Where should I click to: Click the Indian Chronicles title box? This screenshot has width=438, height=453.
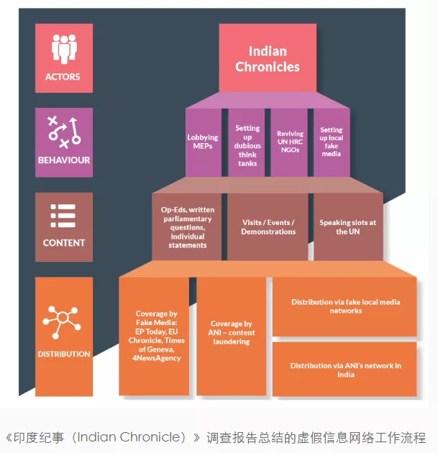[x=268, y=59]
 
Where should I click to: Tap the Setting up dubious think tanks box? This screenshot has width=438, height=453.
[x=247, y=145]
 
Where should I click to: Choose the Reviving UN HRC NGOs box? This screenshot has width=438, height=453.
[x=290, y=141]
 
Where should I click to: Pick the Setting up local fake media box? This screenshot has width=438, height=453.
[x=331, y=142]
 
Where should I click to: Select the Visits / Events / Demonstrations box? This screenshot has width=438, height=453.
[x=268, y=227]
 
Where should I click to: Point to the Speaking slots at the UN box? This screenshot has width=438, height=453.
[x=347, y=227]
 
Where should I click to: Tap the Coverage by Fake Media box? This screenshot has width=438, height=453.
[x=158, y=336]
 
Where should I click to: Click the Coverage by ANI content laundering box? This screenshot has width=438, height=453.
[x=231, y=333]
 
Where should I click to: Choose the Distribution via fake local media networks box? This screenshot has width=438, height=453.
[x=345, y=306]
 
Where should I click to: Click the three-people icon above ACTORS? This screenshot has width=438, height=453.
[x=63, y=49]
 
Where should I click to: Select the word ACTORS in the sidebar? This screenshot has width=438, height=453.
[x=63, y=76]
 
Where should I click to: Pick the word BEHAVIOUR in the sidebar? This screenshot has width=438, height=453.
[x=63, y=160]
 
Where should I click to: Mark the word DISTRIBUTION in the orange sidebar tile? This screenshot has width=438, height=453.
[x=63, y=354]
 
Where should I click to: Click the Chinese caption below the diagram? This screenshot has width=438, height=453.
[x=216, y=437]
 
